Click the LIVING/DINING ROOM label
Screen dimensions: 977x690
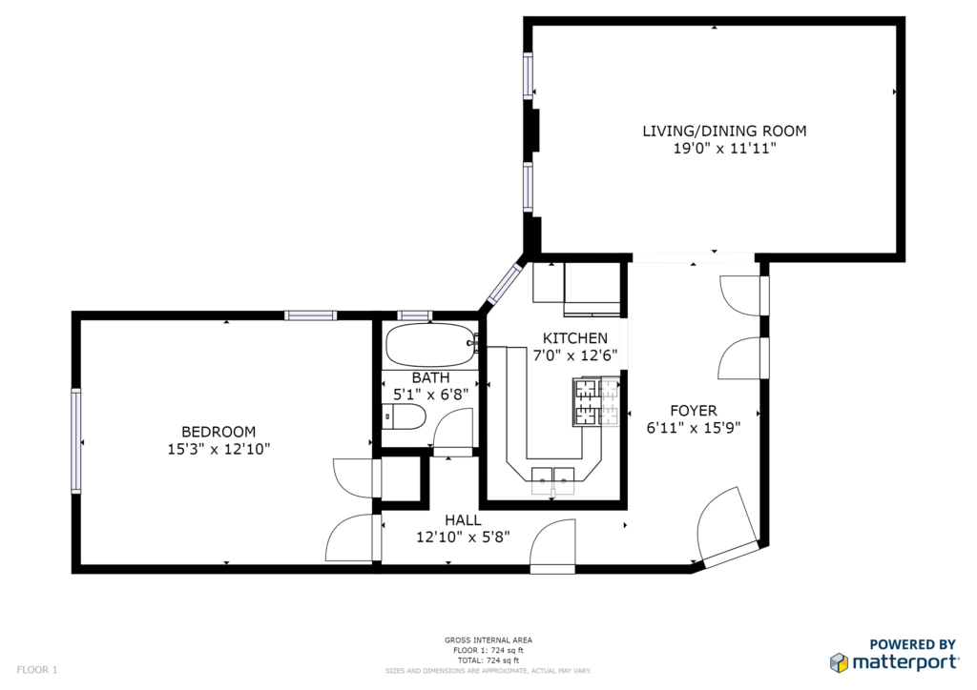(x=724, y=131)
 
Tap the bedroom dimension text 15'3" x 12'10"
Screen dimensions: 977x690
(x=218, y=449)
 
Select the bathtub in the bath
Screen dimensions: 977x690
(x=431, y=345)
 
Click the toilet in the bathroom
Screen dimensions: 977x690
(x=404, y=416)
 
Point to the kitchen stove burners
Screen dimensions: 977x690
(x=596, y=402)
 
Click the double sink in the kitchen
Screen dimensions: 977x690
(x=553, y=480)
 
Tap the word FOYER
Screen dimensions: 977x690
(x=694, y=411)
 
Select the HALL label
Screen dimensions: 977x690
(x=463, y=520)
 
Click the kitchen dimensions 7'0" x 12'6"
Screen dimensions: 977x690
(x=575, y=355)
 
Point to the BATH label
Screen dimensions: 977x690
(x=430, y=377)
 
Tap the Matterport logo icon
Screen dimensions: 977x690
(x=839, y=662)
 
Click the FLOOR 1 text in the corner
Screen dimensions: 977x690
(x=37, y=670)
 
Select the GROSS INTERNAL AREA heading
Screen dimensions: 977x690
(x=488, y=639)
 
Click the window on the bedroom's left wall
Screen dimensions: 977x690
(x=76, y=441)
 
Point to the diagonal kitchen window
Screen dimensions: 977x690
(x=504, y=284)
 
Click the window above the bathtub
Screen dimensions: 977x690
(x=414, y=315)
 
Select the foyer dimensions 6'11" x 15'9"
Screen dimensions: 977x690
(x=694, y=428)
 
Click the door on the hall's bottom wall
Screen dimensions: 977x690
(x=552, y=547)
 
